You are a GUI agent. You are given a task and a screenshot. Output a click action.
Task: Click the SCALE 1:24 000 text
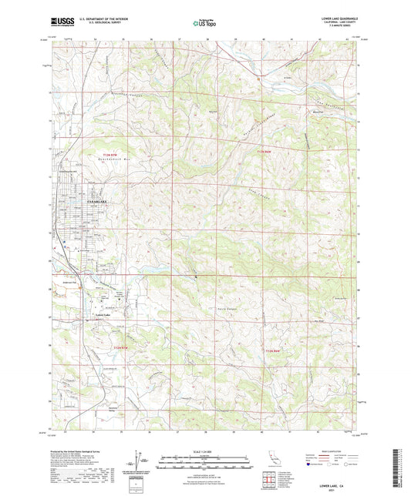204,452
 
